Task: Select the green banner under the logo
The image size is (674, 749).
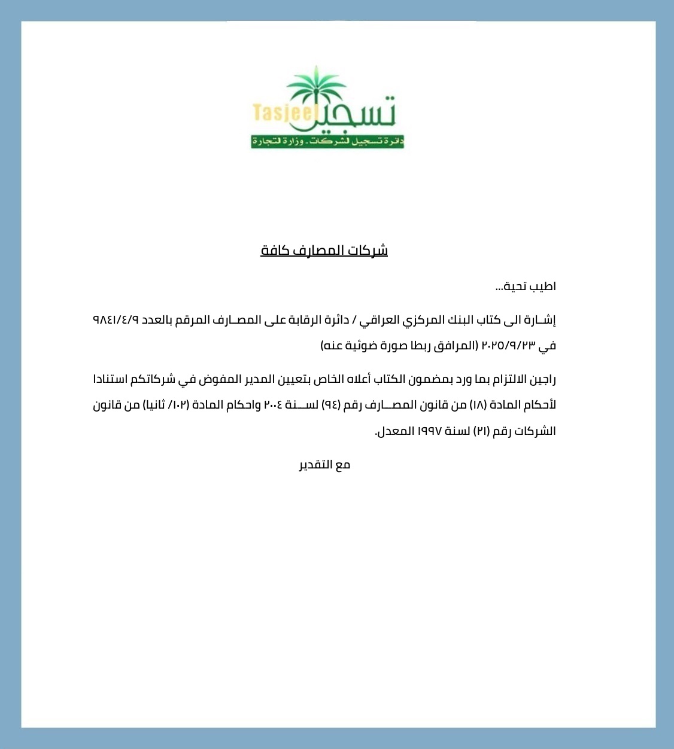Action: pos(327,142)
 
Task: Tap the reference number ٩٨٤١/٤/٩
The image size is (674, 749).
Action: pos(116,320)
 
